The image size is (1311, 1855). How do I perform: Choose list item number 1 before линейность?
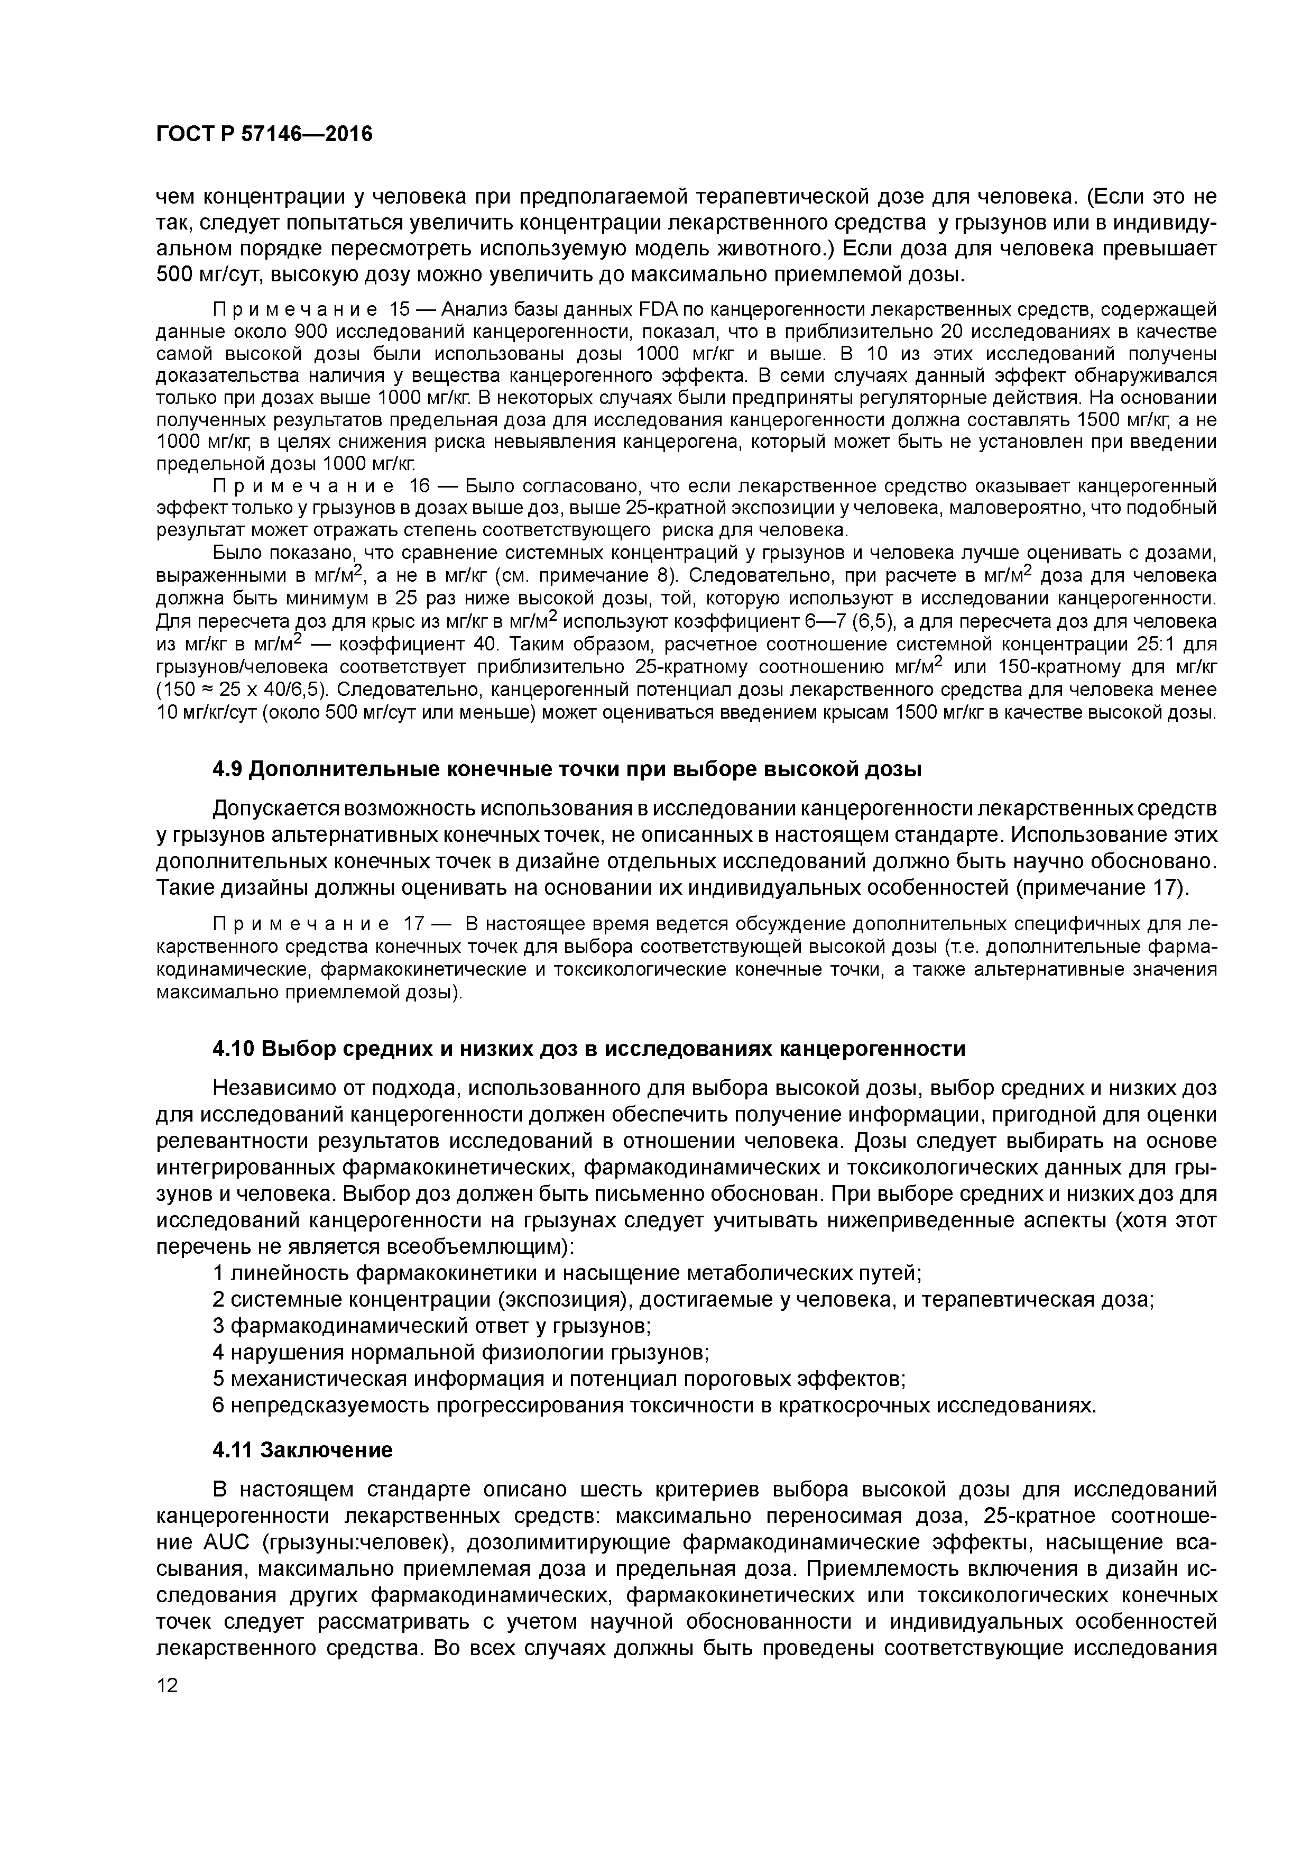tap(217, 1273)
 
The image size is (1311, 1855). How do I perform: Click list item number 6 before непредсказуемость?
tap(217, 1406)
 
